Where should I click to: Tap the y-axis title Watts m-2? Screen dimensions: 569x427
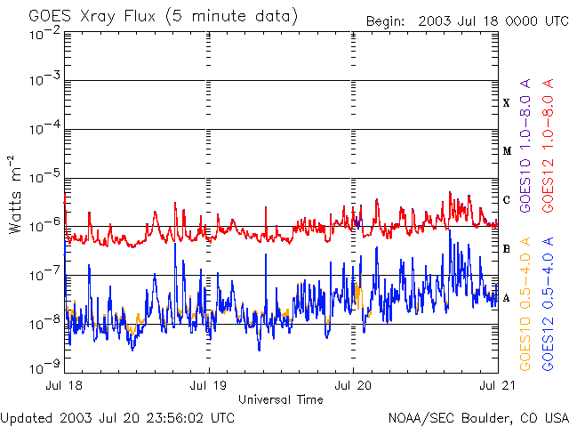pyautogui.click(x=15, y=195)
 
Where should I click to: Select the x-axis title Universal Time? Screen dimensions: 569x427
pyautogui.click(x=281, y=399)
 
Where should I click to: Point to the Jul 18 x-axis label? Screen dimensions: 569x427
pyautogui.click(x=64, y=385)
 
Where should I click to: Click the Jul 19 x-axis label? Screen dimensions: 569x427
pyautogui.click(x=208, y=385)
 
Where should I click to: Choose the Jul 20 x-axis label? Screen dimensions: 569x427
pyautogui.click(x=353, y=385)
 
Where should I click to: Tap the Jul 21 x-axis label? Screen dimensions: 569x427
pyautogui.click(x=498, y=385)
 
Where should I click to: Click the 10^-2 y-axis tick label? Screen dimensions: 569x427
pyautogui.click(x=45, y=34)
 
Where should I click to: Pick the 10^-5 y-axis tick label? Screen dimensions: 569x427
pyautogui.click(x=45, y=177)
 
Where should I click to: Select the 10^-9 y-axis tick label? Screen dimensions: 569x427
pyautogui.click(x=45, y=367)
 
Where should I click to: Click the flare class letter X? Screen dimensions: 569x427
pyautogui.click(x=507, y=103)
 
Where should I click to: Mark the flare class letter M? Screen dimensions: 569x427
pyautogui.click(x=507, y=151)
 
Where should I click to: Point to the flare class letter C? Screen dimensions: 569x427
pyautogui.click(x=507, y=200)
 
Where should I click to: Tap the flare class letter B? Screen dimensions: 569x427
pyautogui.click(x=507, y=249)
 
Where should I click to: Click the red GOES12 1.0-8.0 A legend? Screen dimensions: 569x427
pyautogui.click(x=548, y=146)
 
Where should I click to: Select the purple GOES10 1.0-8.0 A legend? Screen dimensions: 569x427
pyautogui.click(x=525, y=146)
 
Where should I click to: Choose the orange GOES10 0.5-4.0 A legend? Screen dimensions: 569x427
pyautogui.click(x=525, y=304)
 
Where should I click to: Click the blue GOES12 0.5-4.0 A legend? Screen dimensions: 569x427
pyautogui.click(x=548, y=304)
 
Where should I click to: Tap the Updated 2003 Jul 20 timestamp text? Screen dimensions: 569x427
pyautogui.click(x=117, y=418)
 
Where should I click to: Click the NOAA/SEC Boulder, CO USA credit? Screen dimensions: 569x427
pyautogui.click(x=478, y=418)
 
